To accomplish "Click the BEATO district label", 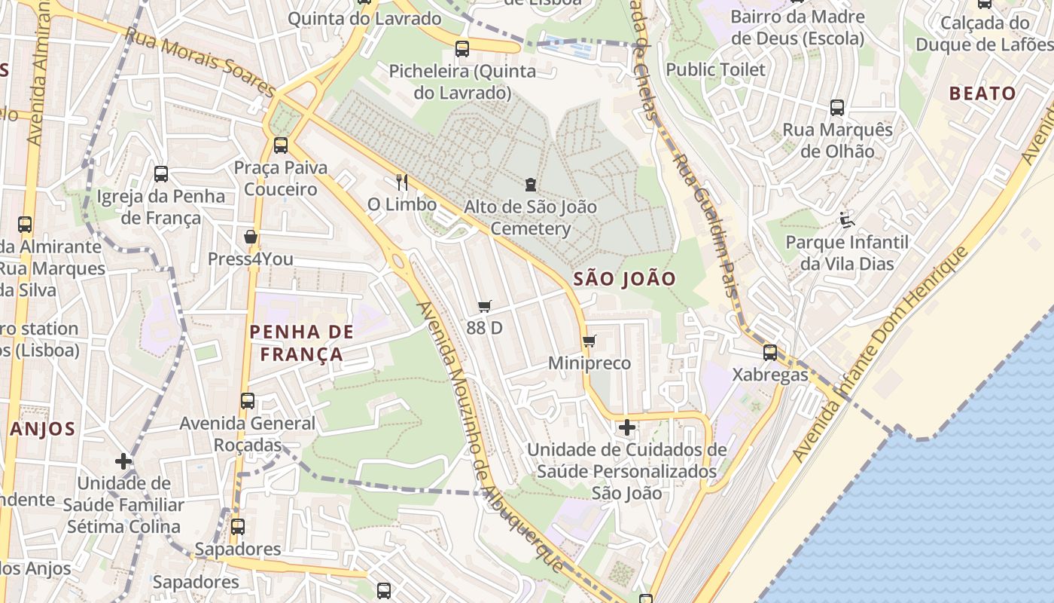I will point(982,94).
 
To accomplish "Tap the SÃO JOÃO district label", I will point(624,279).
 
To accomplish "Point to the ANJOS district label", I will point(43,430).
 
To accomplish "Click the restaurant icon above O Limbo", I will point(402,182).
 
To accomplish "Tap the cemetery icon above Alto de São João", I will point(531,184).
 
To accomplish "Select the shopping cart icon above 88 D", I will point(485,306).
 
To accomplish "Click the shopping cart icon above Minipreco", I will point(589,341).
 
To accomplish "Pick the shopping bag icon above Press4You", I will point(251,237).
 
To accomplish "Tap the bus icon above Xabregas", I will point(769,352).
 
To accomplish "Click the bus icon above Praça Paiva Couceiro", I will point(281,145).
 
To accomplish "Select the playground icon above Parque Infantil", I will point(846,220).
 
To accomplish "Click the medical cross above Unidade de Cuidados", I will point(626,427).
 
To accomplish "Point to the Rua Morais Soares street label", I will point(200,63).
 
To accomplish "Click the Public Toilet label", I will point(715,70).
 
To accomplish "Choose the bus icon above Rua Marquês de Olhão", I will point(837,108).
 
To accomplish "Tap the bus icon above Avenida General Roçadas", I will point(248,401).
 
